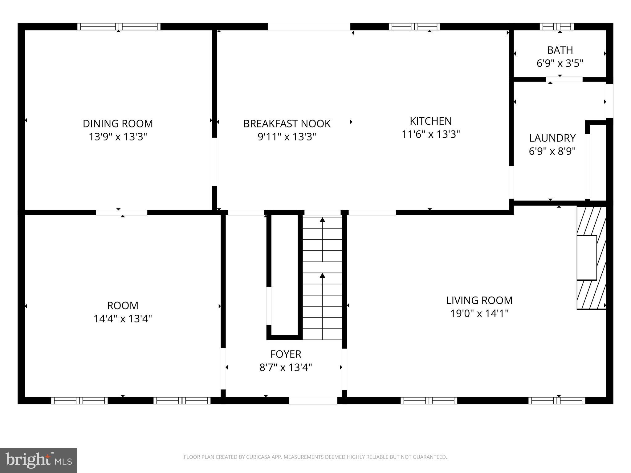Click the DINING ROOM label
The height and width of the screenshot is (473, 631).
click(x=118, y=123)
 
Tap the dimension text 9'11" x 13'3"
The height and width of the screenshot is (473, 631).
click(x=287, y=137)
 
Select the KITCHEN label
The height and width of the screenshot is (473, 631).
click(x=430, y=121)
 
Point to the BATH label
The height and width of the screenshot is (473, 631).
click(x=560, y=50)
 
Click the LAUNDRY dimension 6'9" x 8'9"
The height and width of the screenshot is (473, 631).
click(x=552, y=151)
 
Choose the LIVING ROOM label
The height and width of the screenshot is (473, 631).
click(x=479, y=300)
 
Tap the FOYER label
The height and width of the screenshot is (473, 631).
click(x=286, y=354)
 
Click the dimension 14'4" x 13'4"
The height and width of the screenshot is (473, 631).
click(x=123, y=318)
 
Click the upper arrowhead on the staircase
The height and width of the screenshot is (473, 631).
click(x=322, y=220)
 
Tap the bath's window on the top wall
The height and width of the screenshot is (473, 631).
click(x=556, y=27)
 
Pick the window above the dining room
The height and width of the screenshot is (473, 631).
click(x=119, y=27)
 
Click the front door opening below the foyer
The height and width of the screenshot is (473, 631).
click(x=313, y=400)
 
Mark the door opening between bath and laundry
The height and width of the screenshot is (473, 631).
click(x=564, y=79)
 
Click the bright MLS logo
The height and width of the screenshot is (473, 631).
click(x=39, y=460)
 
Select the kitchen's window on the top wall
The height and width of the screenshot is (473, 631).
click(x=414, y=27)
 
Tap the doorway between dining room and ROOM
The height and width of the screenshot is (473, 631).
click(x=121, y=212)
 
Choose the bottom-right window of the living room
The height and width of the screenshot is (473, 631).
click(x=556, y=400)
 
